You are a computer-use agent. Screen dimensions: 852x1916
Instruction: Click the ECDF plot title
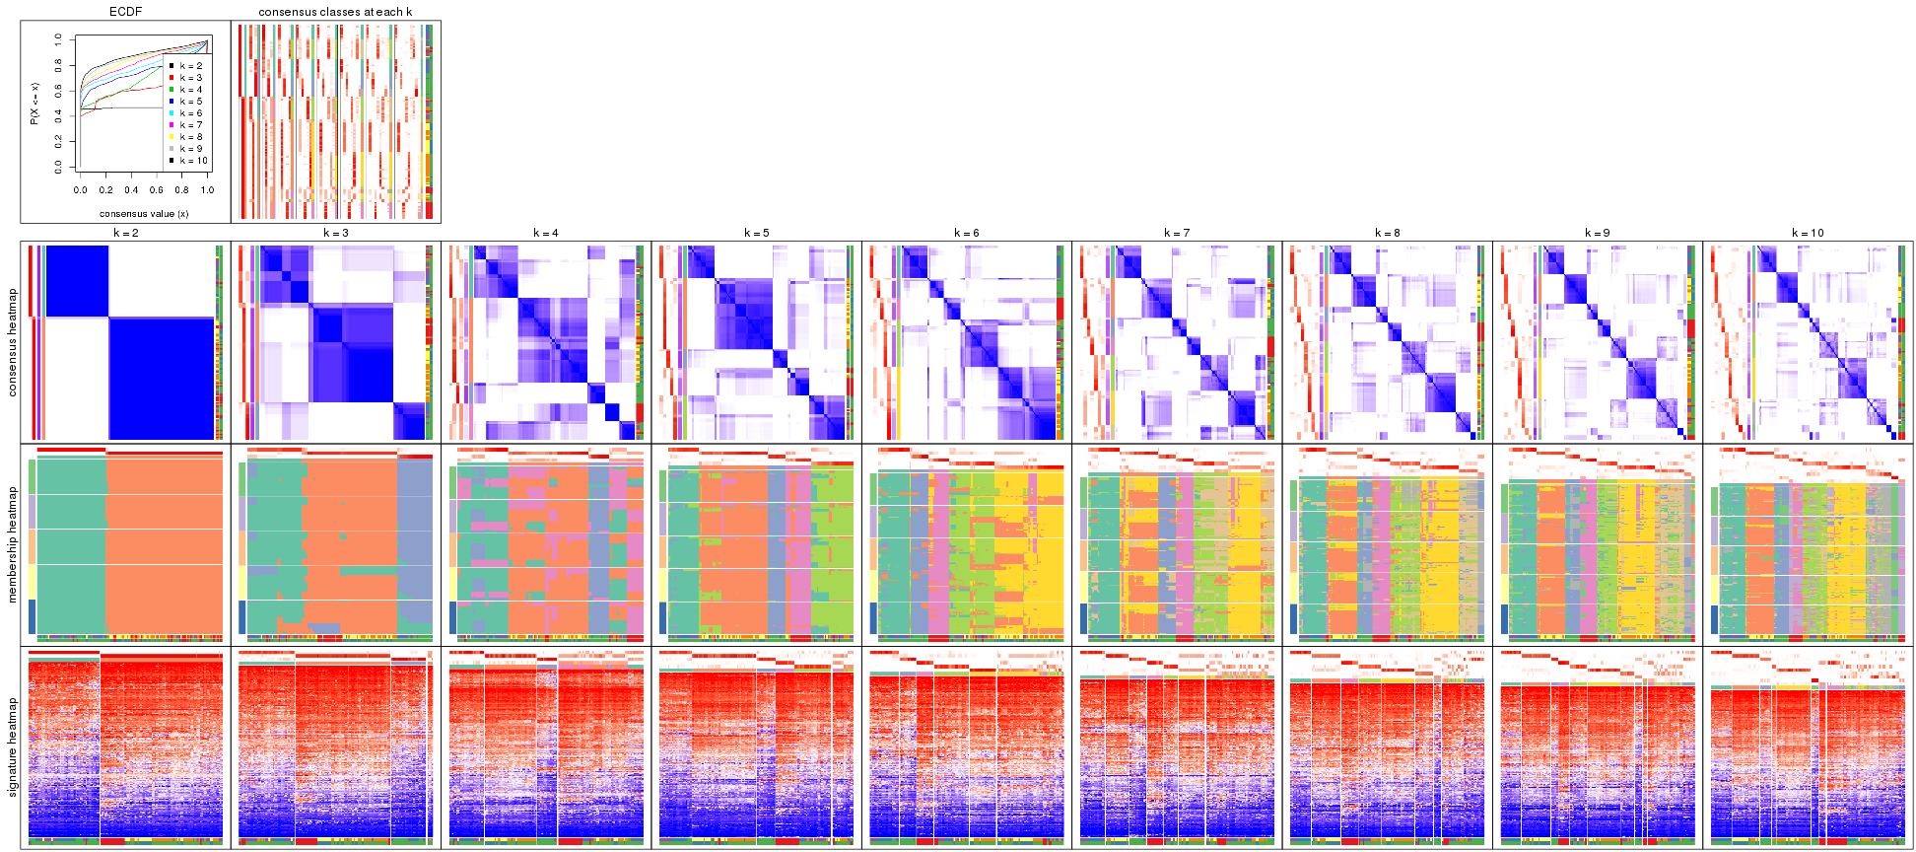[126, 12]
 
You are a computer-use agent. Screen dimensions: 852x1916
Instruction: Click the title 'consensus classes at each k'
[335, 12]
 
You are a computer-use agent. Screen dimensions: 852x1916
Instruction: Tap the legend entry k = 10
[193, 161]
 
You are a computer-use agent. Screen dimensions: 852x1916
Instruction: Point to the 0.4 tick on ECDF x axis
[131, 190]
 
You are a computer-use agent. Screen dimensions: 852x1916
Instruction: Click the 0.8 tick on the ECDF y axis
[58, 65]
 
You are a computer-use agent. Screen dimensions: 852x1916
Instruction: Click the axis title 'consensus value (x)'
[144, 213]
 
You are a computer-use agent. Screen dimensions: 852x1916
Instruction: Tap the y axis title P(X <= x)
[34, 104]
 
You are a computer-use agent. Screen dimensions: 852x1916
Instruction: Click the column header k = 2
[125, 234]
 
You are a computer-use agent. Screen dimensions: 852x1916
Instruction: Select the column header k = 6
[967, 234]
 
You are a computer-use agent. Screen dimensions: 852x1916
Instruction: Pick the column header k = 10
[1808, 234]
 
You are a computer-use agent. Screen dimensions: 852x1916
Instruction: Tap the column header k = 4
[546, 234]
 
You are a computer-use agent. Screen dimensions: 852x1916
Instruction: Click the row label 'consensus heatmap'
[13, 342]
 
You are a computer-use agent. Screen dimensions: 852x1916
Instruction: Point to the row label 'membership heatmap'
[13, 543]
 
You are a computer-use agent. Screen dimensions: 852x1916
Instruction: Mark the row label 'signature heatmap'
[13, 746]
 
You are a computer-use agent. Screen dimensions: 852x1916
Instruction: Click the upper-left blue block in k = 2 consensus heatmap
[77, 280]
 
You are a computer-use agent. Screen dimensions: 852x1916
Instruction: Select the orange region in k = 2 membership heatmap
[164, 542]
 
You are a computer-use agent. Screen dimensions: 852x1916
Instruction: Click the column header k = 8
[1387, 234]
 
